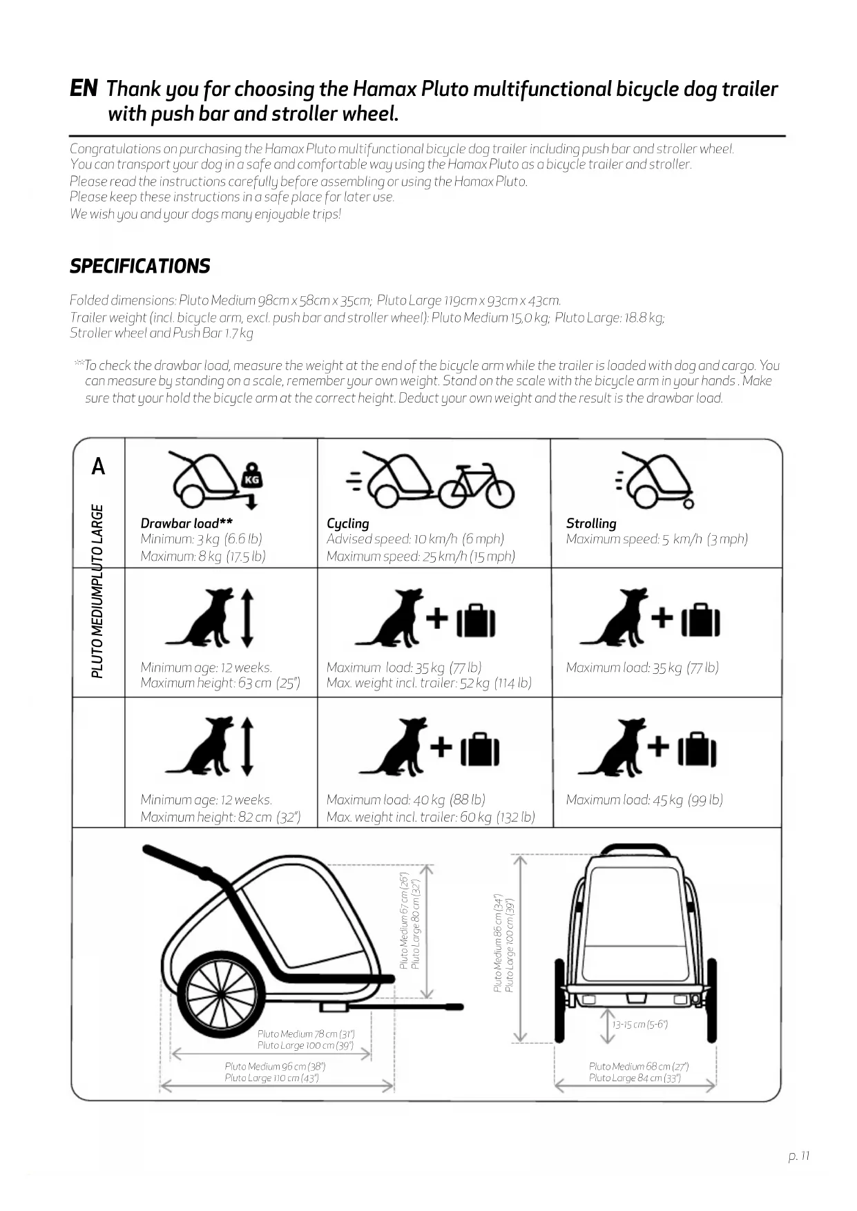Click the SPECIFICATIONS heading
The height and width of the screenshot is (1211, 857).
coord(139,267)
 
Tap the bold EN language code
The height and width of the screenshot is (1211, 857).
coord(84,88)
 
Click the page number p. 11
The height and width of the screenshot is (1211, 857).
coord(798,1156)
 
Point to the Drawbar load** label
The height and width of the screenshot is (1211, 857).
coord(186,523)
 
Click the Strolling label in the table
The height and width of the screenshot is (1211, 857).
coord(591,523)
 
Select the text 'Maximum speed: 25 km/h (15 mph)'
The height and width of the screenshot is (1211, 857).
coord(421,556)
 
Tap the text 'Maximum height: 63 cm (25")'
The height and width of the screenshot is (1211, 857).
coord(220,684)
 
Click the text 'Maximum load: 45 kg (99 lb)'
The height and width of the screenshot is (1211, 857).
coord(644,800)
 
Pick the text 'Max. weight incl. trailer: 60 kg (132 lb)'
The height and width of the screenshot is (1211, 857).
coord(430,817)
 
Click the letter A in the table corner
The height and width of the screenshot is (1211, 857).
coord(99,467)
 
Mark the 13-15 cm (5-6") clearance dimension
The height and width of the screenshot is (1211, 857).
coord(639,1025)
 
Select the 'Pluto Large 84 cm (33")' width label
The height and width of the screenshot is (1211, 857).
coord(635,1078)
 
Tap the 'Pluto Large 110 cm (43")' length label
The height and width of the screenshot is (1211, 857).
coord(271,1078)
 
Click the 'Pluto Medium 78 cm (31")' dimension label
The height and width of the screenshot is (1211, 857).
coord(305,1034)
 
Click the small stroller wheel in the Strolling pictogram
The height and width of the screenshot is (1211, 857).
coord(689,503)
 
